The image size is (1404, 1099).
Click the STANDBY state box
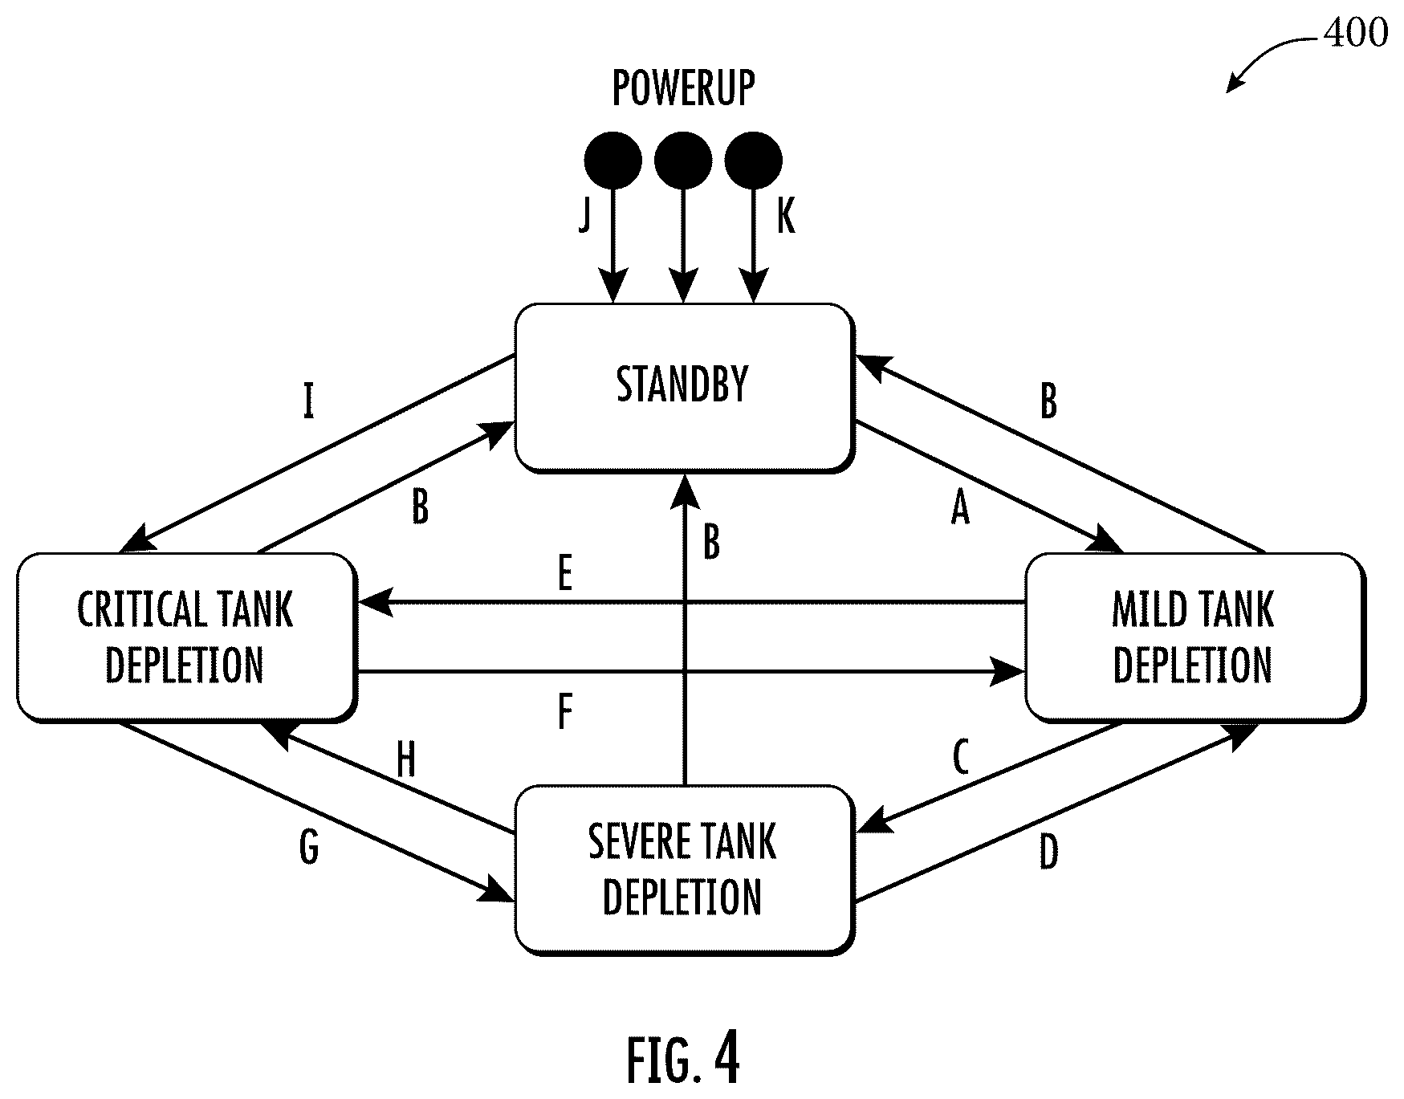tap(684, 388)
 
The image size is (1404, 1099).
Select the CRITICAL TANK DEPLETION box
tap(186, 637)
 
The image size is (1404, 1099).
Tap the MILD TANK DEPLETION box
tap(1194, 637)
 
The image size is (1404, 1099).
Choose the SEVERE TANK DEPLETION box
tap(684, 869)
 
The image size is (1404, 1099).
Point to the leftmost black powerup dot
tap(613, 160)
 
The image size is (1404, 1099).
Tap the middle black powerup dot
tap(683, 160)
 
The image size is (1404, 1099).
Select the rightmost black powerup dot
tap(753, 160)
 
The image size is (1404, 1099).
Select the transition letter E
tap(565, 574)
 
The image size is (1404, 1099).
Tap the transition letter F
tap(565, 711)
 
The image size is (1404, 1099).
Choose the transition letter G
tap(309, 848)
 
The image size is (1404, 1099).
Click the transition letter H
tap(406, 760)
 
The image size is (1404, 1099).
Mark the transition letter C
tap(960, 757)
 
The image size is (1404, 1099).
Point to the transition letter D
tap(1048, 853)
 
